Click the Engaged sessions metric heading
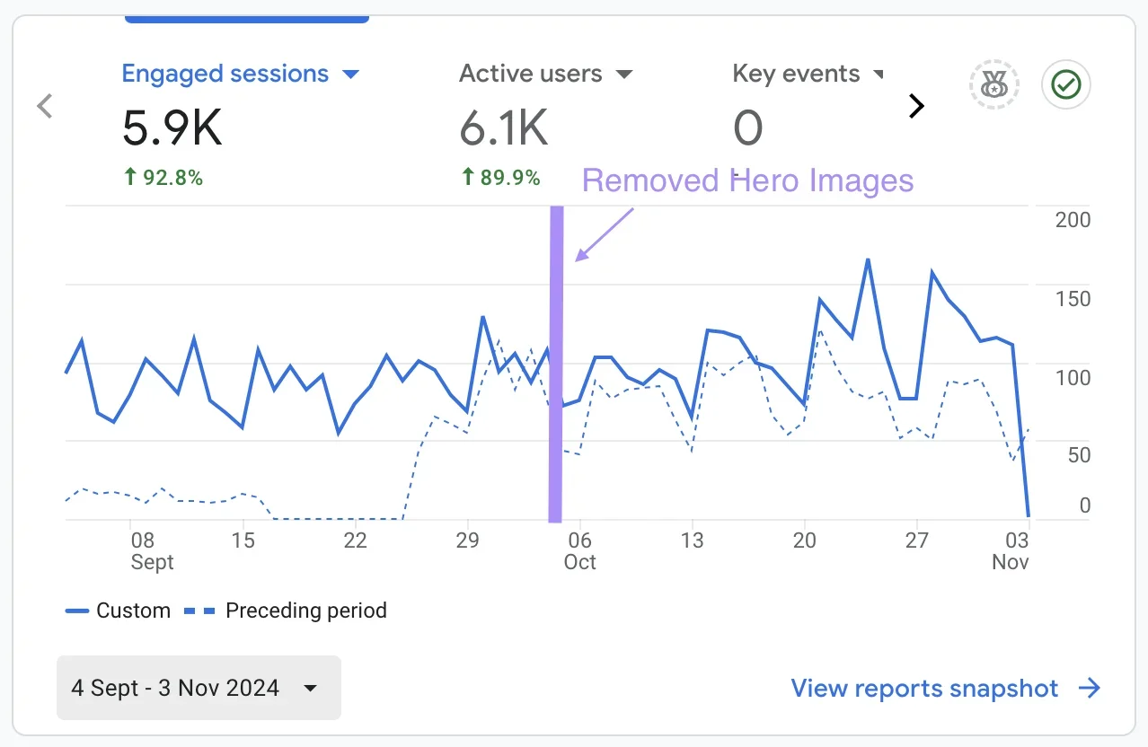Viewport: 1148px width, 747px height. [x=225, y=74]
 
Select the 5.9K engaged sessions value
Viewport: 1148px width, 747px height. [x=172, y=128]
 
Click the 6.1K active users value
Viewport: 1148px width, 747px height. [x=503, y=128]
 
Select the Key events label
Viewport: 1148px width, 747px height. [x=796, y=74]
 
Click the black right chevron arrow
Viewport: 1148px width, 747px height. [x=915, y=107]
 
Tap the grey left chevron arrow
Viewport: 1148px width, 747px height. [x=45, y=107]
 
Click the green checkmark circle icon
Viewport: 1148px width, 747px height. [x=1065, y=85]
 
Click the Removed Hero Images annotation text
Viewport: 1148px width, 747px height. [x=747, y=180]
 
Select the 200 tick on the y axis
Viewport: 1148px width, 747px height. [x=1073, y=220]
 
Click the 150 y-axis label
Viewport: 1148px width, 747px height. [x=1073, y=299]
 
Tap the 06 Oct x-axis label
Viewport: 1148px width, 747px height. [x=579, y=550]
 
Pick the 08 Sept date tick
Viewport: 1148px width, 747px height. [x=144, y=550]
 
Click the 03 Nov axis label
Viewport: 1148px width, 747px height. [x=1014, y=550]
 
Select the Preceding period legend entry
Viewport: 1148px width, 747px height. [x=286, y=611]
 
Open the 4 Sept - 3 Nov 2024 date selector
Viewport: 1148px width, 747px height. [x=199, y=688]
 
